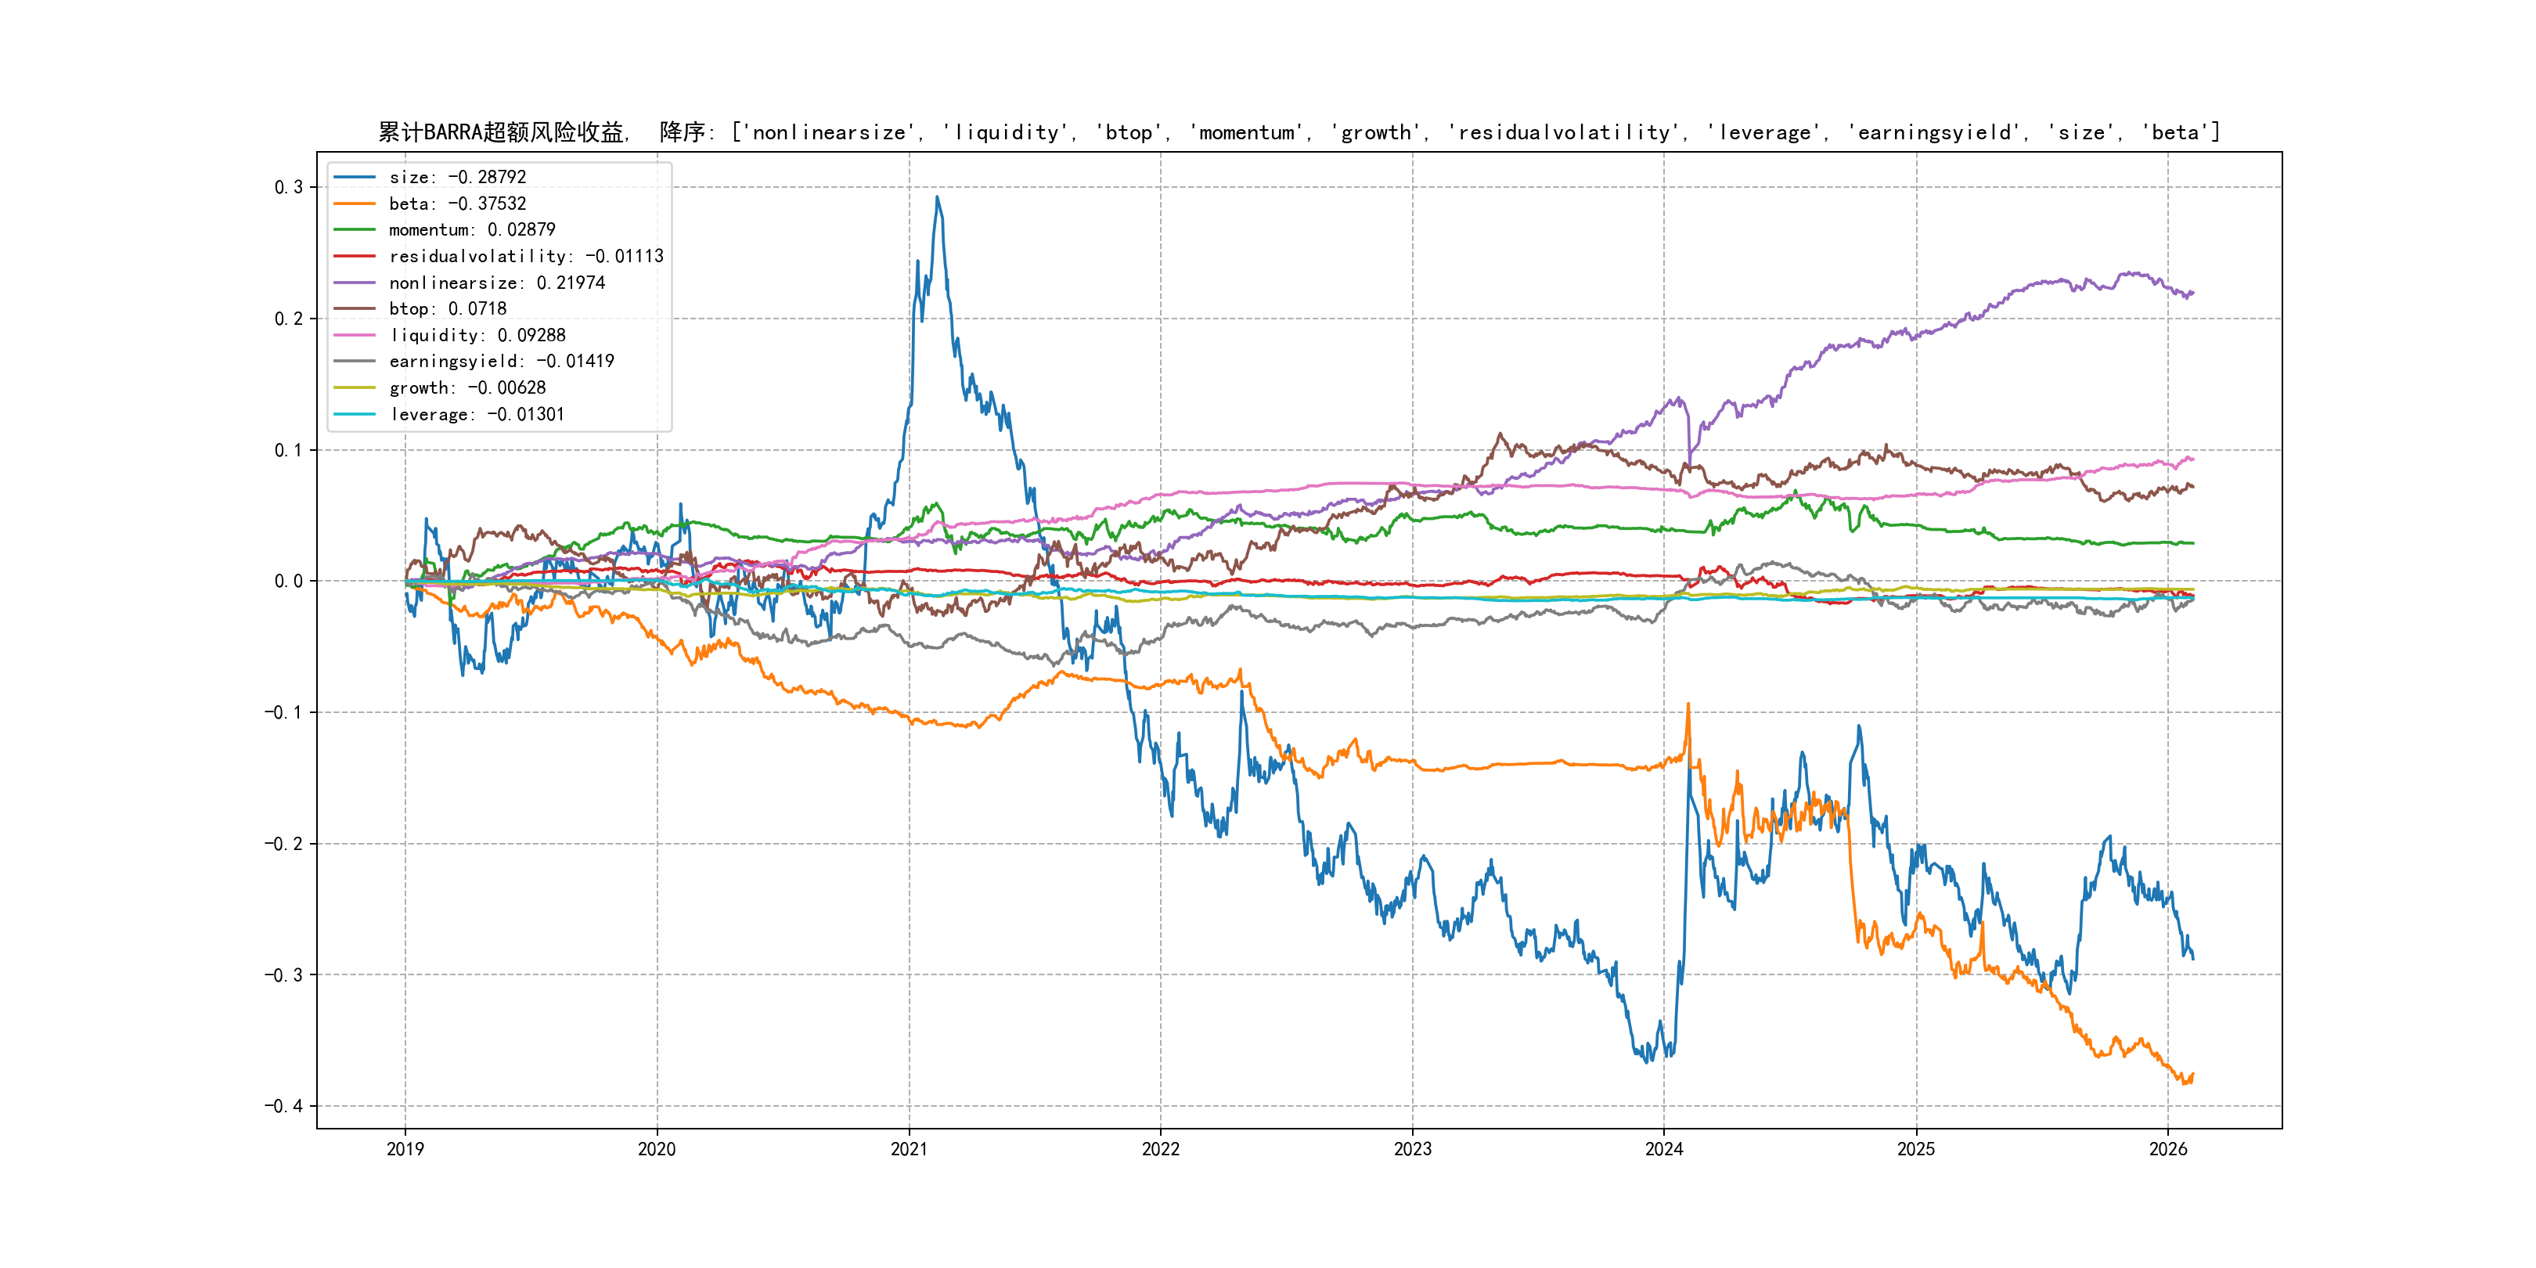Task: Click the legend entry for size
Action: tap(457, 177)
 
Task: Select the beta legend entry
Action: tap(457, 204)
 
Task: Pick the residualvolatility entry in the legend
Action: tap(526, 256)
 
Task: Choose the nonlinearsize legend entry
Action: tap(496, 283)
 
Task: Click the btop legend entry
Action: tap(447, 309)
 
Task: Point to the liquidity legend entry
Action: tap(477, 336)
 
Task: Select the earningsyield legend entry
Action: tap(501, 362)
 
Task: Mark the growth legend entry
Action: tap(466, 388)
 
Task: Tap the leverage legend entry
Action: tap(477, 415)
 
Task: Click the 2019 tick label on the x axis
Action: tap(405, 1149)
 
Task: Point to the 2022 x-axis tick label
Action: tap(1161, 1149)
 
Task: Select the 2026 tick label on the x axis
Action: tap(2168, 1149)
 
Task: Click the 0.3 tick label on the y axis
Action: tap(289, 187)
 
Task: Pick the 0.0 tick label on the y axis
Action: tap(289, 581)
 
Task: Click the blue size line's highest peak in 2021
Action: tap(937, 197)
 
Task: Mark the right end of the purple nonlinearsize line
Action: tap(2192, 293)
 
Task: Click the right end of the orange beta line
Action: tap(2192, 1075)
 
